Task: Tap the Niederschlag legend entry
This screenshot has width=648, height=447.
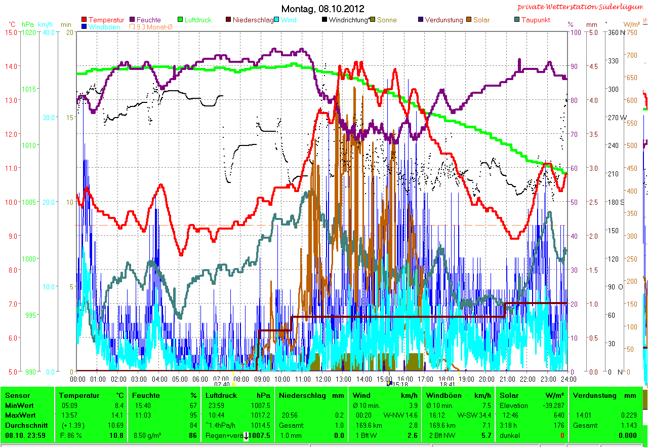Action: tap(253, 20)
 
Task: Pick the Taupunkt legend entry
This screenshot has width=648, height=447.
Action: tap(536, 20)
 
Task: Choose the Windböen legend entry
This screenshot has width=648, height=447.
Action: tap(104, 27)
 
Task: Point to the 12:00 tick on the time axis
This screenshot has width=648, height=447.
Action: tap(322, 379)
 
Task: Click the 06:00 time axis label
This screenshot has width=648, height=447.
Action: tap(200, 379)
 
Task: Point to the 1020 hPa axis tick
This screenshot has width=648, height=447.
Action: tap(29, 32)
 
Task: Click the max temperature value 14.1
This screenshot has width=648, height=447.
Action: tap(117, 415)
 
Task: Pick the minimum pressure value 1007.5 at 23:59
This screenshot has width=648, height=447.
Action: tap(261, 405)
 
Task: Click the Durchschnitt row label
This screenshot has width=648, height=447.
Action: tap(26, 425)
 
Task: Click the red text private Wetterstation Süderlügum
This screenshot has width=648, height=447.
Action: tap(582, 7)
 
